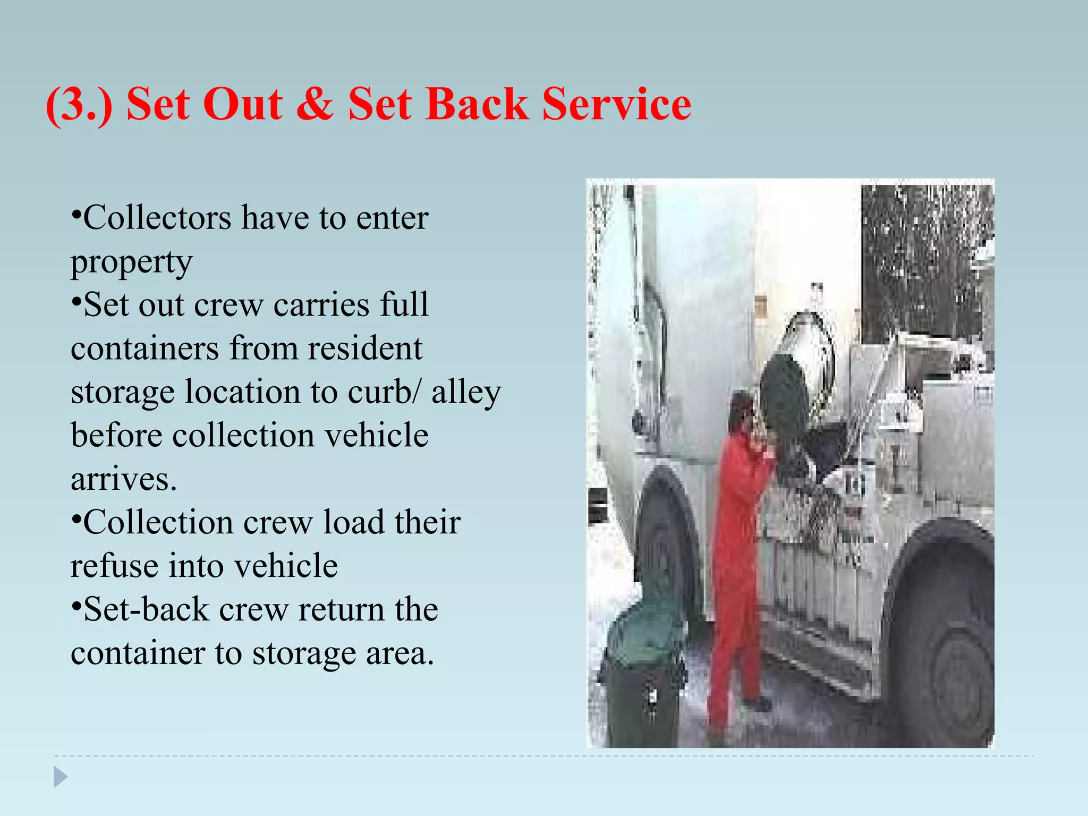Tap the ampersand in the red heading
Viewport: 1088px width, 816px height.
point(314,104)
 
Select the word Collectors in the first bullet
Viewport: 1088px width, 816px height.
point(157,218)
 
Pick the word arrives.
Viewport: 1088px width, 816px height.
point(123,479)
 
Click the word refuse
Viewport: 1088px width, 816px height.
point(114,566)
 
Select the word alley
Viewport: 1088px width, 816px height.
point(465,392)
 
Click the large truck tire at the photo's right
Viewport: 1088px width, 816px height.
point(940,637)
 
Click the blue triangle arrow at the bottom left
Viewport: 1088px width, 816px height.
point(61,777)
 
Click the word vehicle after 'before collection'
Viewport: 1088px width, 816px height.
point(376,436)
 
